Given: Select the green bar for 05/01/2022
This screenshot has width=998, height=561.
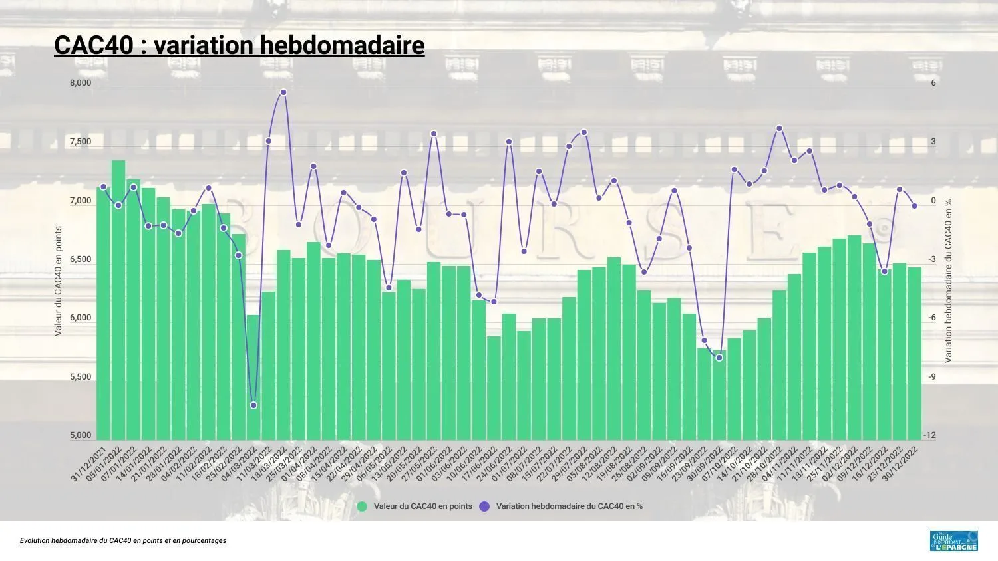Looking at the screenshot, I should coord(118,299).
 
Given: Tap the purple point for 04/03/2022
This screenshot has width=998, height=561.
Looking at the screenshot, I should coord(253,405).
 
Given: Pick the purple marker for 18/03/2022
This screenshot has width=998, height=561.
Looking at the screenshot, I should coord(283,92).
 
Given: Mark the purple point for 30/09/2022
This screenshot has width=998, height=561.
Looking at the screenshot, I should coord(719,358).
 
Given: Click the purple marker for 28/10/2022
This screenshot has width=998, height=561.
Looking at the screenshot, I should coord(779,128).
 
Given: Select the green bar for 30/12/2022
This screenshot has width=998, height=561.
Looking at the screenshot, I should coord(914,352).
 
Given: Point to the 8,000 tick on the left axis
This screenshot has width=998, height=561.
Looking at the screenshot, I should coord(81,83).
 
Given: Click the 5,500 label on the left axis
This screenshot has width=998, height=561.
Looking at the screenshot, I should coord(81,377).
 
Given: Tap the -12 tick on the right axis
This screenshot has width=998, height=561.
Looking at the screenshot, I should coord(929,435).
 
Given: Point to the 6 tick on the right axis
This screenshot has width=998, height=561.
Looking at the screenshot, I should coord(933,83).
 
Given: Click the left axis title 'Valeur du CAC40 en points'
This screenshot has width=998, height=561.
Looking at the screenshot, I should coord(58,280).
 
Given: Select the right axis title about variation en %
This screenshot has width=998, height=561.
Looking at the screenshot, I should coord(948,280).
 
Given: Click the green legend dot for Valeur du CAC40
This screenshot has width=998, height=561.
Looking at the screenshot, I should coord(362,506).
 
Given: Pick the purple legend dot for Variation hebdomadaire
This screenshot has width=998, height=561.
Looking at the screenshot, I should coord(484,506).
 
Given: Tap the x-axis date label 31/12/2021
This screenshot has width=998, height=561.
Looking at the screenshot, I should coord(89,465).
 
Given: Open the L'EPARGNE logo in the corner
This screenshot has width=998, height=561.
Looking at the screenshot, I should coord(953,541).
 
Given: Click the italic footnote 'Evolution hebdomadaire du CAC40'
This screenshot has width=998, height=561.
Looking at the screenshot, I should coord(123,541).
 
